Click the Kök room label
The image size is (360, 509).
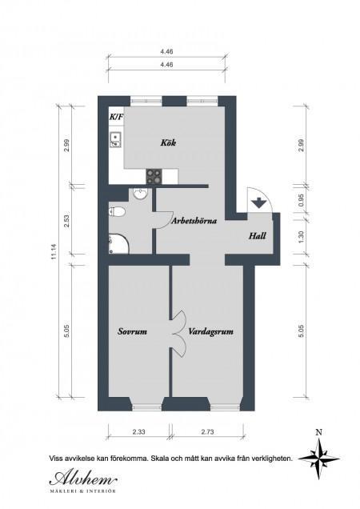click(168, 142)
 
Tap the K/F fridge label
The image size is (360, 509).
click(116, 117)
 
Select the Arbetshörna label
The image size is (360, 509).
click(194, 221)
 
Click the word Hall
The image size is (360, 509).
click(258, 235)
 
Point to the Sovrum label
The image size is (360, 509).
click(132, 331)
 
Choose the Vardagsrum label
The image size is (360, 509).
click(211, 332)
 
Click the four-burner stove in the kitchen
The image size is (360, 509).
click(154, 177)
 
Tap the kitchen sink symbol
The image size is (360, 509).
click(115, 140)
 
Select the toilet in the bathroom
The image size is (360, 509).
click(117, 212)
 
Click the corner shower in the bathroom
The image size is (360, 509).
click(119, 243)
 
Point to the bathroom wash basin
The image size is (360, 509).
click(140, 194)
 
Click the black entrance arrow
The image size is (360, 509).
click(258, 202)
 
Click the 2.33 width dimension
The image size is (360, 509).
click(138, 432)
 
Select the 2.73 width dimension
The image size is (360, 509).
click(208, 432)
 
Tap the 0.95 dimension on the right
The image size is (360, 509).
click(302, 199)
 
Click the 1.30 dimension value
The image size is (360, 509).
click(302, 236)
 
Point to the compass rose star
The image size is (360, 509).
click(318, 459)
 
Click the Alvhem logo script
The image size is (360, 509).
click(83, 478)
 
